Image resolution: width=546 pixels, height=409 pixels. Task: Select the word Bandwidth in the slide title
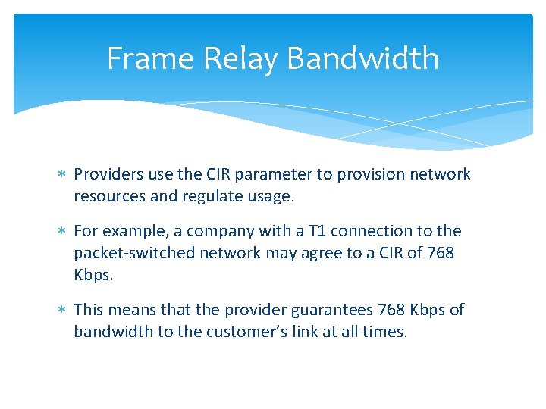pos(363,58)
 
